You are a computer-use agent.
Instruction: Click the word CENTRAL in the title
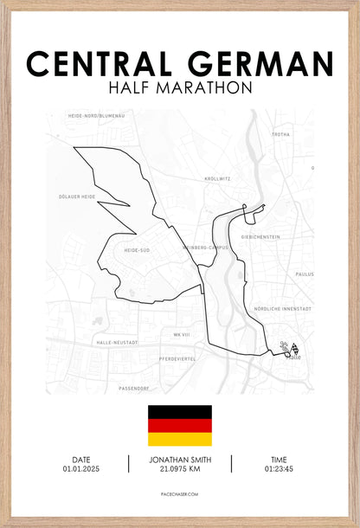tap(102, 63)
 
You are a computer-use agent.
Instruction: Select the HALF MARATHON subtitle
tap(180, 88)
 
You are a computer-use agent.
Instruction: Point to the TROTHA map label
tap(280, 135)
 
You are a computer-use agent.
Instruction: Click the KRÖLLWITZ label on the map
tap(217, 178)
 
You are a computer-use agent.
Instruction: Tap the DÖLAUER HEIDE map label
tap(76, 196)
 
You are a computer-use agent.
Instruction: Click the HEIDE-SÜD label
tap(138, 250)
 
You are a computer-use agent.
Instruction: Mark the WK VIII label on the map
tap(181, 334)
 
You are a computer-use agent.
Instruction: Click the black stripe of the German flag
tap(179, 411)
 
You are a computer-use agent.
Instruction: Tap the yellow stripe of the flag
tap(179, 439)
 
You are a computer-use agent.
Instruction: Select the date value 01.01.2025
tap(81, 469)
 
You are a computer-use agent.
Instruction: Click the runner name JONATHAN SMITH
tap(180, 460)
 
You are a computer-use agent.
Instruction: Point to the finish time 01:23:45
tap(279, 469)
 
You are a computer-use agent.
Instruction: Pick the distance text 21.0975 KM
tap(180, 469)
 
